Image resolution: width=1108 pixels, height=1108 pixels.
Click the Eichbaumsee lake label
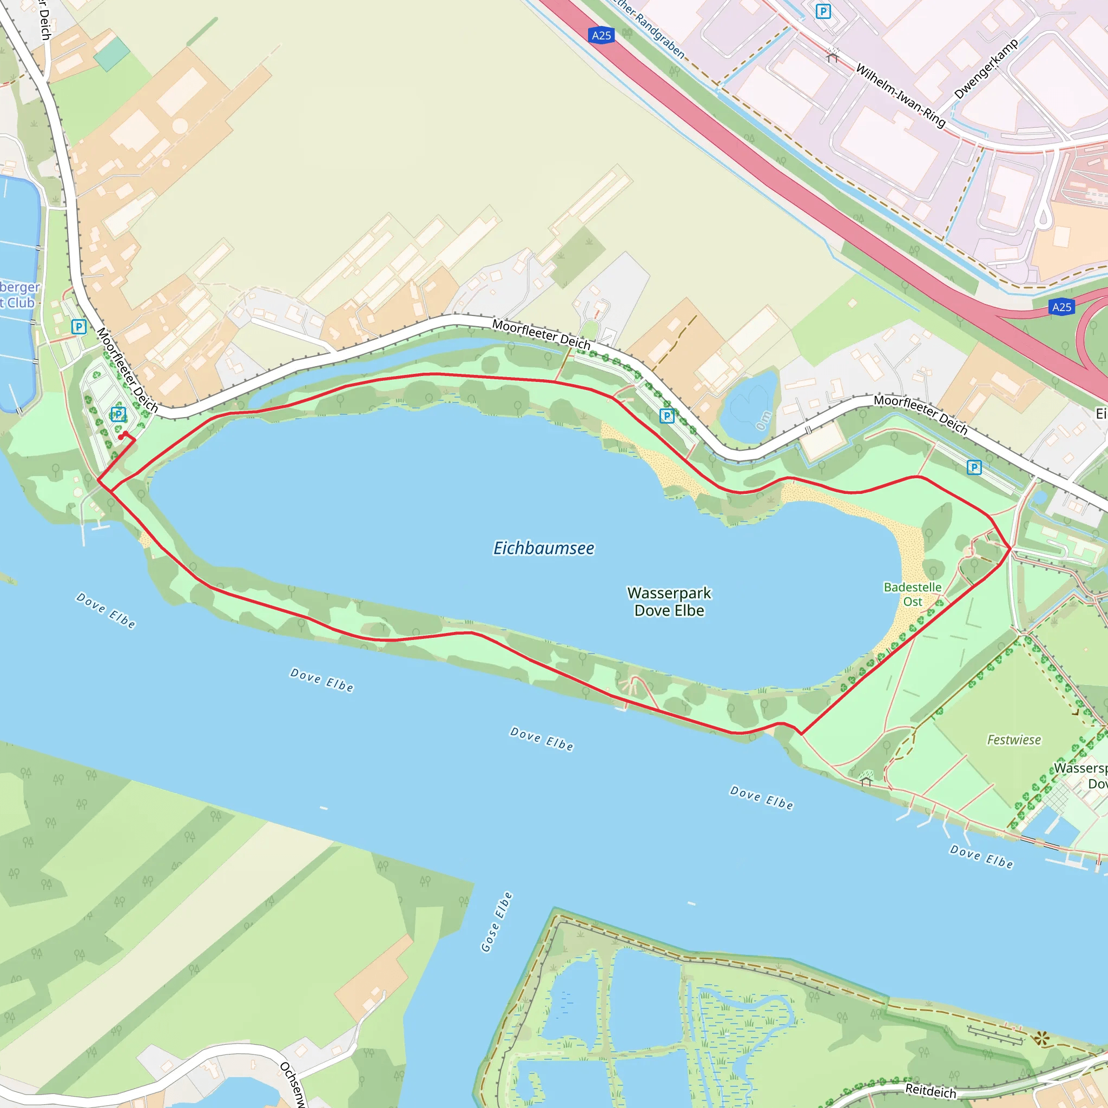point(544,548)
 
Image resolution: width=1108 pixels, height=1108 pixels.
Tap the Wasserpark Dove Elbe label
point(669,602)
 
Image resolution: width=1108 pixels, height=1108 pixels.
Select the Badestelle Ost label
point(913,594)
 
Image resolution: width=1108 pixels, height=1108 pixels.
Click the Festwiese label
point(1013,740)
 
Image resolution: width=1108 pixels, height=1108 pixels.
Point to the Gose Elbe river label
point(496,922)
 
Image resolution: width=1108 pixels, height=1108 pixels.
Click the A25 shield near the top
point(601,36)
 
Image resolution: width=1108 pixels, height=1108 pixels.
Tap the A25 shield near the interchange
point(1061,307)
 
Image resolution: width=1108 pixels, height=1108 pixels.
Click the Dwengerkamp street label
point(986,69)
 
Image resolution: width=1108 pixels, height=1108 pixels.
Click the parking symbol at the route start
point(118,414)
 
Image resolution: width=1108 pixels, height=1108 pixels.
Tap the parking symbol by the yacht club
point(78,327)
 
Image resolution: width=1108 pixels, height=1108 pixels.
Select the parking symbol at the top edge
point(823,11)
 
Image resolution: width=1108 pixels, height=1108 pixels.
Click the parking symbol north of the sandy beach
point(667,416)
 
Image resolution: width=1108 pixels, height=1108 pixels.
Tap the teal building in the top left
point(112,54)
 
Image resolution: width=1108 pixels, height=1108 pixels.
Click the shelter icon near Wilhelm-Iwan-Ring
point(833,55)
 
